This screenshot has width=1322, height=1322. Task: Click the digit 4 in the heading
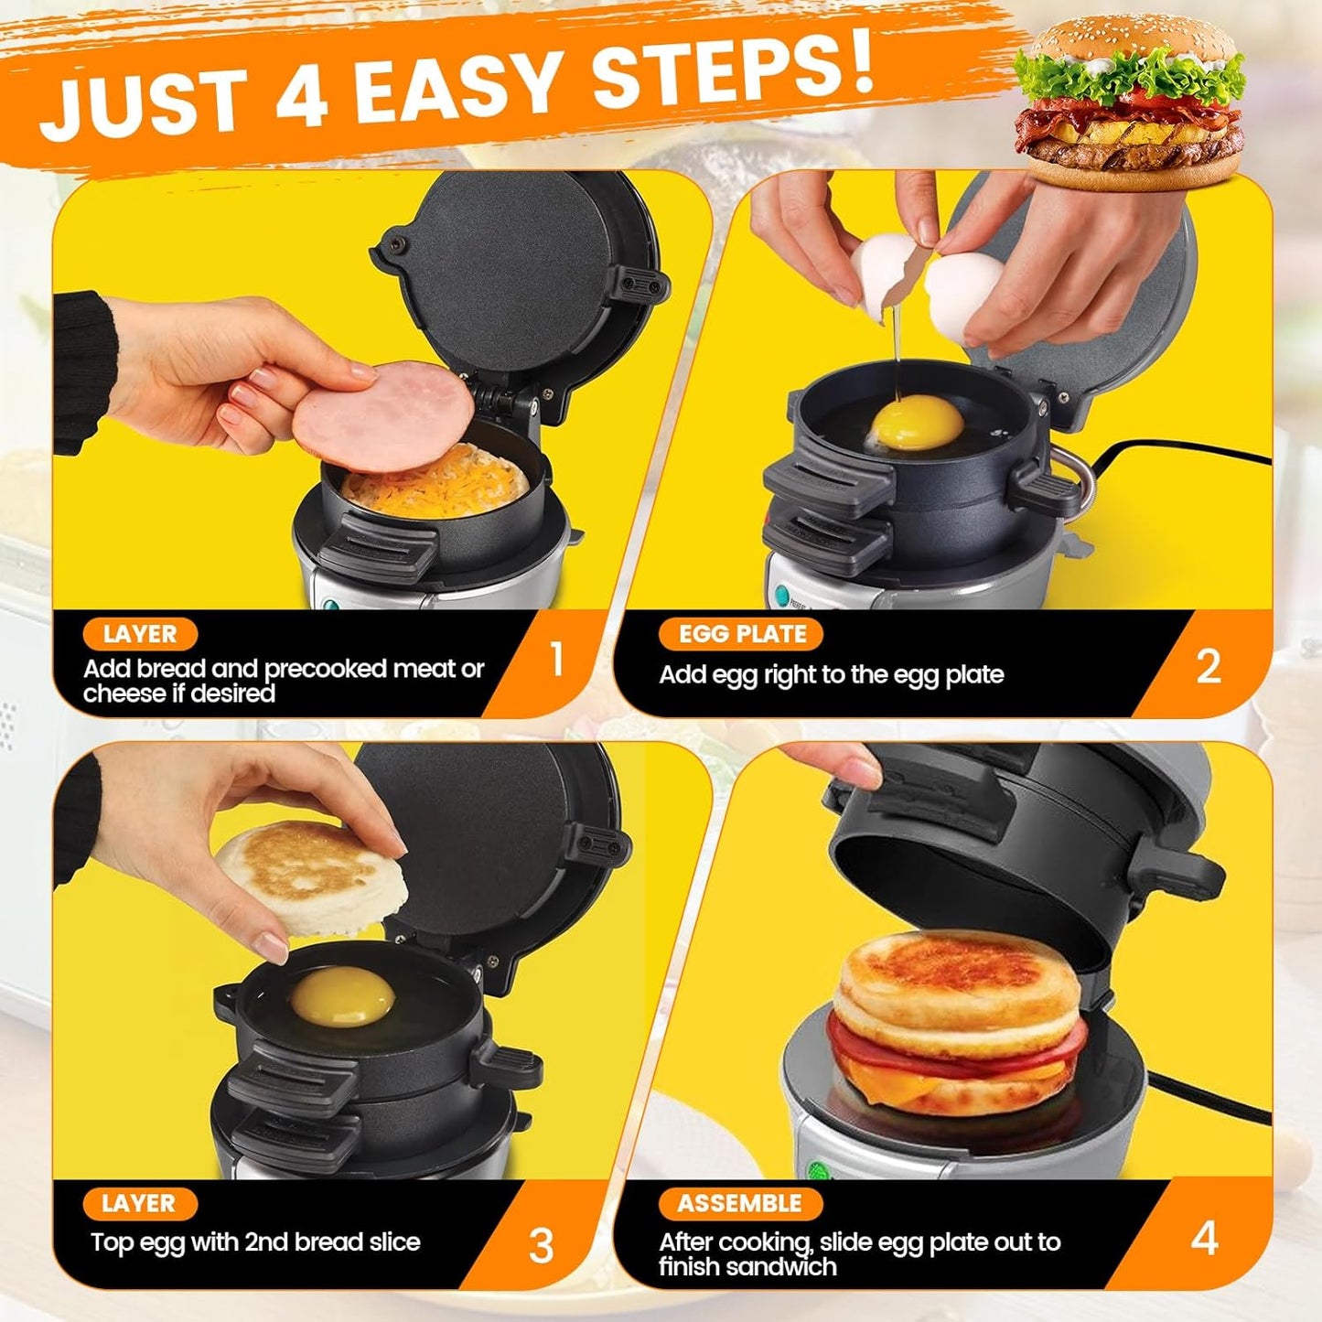coord(301,94)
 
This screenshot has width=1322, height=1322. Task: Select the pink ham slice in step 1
coord(383,416)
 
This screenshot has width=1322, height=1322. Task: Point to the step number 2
coord(1208,667)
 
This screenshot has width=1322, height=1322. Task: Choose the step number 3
coord(541,1245)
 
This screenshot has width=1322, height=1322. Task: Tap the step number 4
coord(1204,1239)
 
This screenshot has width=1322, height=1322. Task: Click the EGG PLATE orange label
coord(741,634)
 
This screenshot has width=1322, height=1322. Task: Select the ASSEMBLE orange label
coord(739,1204)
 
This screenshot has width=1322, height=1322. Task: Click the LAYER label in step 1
coord(139,634)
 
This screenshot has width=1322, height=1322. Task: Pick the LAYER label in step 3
coord(138,1204)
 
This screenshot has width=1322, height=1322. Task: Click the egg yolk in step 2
coord(917,424)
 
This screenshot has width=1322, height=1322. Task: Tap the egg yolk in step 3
coord(343,996)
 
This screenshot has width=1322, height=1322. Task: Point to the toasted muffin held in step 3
coord(312,876)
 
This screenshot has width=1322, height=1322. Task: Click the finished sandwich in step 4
coord(957,1025)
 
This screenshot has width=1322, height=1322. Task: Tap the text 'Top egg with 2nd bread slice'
coord(255,1241)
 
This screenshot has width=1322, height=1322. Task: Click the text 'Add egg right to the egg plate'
coord(831,675)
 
